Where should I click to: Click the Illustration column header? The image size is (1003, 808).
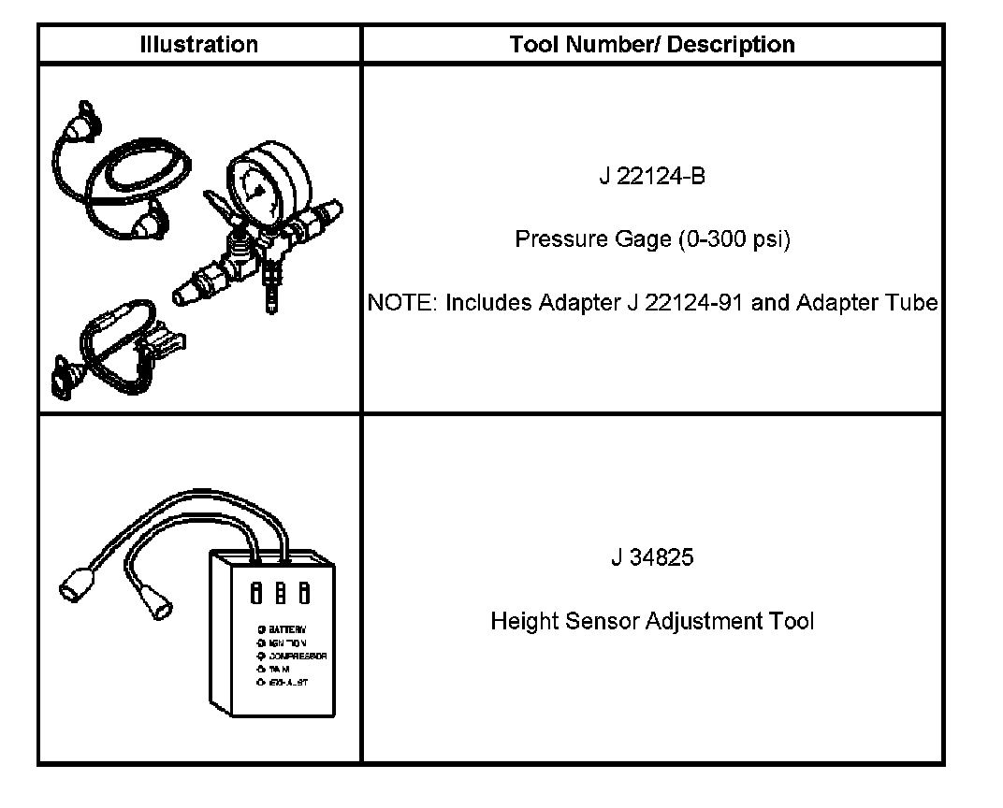[198, 44]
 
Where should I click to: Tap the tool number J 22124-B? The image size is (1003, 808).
[652, 176]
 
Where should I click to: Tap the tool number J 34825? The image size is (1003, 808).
[652, 558]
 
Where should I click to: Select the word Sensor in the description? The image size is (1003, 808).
[599, 621]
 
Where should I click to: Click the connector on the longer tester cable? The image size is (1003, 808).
[75, 586]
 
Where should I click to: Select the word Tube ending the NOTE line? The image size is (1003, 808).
[915, 303]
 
